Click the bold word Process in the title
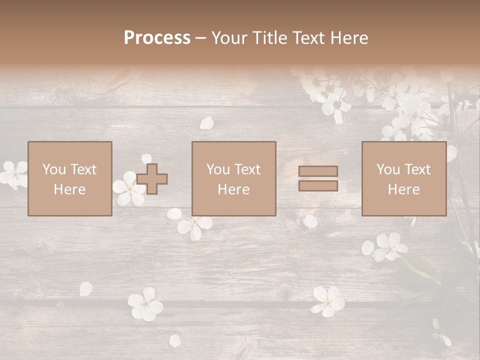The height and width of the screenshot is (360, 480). (x=157, y=37)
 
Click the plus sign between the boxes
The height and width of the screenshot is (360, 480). (x=152, y=179)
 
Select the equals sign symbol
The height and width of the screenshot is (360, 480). (x=318, y=178)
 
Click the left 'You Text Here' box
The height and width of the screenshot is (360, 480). (x=70, y=178)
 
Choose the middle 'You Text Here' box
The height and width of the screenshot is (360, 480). (x=234, y=178)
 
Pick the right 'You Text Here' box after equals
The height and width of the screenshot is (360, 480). (x=404, y=178)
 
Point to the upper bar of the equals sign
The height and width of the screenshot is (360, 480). (x=318, y=171)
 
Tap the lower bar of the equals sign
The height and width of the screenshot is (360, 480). (x=318, y=185)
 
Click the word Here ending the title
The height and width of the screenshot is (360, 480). (x=349, y=37)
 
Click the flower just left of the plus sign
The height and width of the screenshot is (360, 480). (x=128, y=189)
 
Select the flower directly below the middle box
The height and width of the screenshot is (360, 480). (x=194, y=226)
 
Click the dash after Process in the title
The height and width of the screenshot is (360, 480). (x=201, y=38)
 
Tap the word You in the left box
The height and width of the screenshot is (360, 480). (x=54, y=169)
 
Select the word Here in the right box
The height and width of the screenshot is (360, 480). (x=404, y=189)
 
